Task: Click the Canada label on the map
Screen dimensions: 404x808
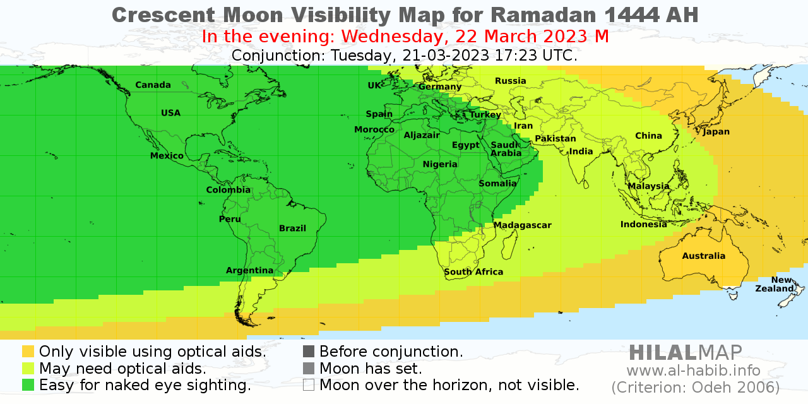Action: pos(153,85)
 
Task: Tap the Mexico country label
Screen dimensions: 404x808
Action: pos(167,156)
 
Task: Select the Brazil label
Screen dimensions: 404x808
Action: pos(292,229)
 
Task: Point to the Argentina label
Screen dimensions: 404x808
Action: pos(249,271)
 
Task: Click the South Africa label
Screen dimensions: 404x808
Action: pos(473,272)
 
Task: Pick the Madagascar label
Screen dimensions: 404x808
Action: pos(522,225)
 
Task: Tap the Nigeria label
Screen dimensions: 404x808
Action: pos(440,165)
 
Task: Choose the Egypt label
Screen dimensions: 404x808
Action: pos(465,145)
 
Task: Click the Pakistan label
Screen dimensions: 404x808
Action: pos(555,139)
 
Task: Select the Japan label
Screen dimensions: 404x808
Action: pos(716,132)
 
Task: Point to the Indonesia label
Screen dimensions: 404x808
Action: pos(643,225)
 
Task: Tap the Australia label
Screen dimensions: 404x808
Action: pos(703,256)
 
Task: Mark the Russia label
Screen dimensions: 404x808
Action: pos(510,81)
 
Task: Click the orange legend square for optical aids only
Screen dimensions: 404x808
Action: pos(28,352)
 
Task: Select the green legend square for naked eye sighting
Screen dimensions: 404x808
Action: pos(28,384)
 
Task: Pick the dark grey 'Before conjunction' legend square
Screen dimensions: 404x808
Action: pos(309,352)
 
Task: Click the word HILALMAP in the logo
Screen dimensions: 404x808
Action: pos(686,352)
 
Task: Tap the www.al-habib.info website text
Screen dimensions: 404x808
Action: pos(693,371)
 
